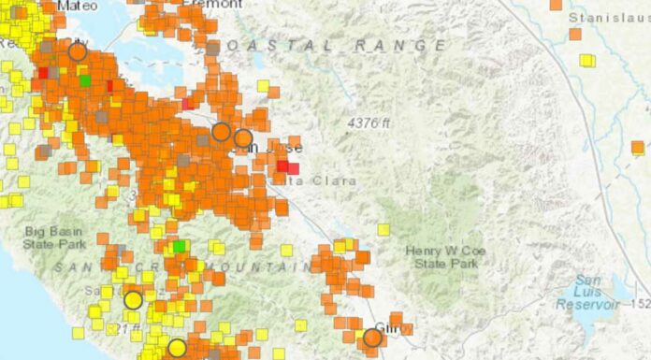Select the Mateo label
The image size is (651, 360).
tap(77, 5)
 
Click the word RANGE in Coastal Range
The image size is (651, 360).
tap(404, 45)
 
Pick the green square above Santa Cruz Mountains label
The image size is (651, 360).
tap(179, 247)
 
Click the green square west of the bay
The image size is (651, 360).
tap(86, 81)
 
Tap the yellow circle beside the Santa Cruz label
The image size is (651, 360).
tap(133, 300)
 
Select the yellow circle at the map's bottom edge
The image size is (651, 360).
tap(177, 349)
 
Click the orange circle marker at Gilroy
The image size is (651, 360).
tap(373, 338)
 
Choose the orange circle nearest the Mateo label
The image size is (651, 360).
tap(78, 51)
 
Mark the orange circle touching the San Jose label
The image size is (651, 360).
tap(243, 138)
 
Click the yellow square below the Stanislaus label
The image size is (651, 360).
tap(586, 61)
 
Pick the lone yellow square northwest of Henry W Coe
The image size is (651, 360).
tap(383, 229)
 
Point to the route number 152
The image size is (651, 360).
tap(642, 304)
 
